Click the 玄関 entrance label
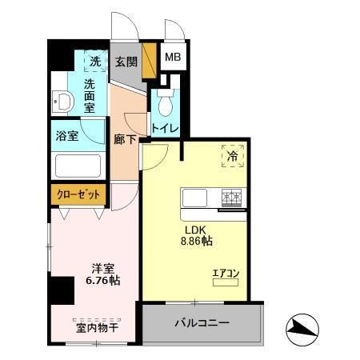(126, 62)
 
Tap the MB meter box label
(172, 58)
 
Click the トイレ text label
(165, 128)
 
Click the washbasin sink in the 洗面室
(64, 102)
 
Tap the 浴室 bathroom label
(67, 135)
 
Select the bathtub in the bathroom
(77, 166)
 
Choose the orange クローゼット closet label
(78, 194)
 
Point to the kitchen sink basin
(195, 197)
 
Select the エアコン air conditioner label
(225, 274)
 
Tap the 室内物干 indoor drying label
(95, 327)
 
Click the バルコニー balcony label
(202, 323)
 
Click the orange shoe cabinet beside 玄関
(146, 61)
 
